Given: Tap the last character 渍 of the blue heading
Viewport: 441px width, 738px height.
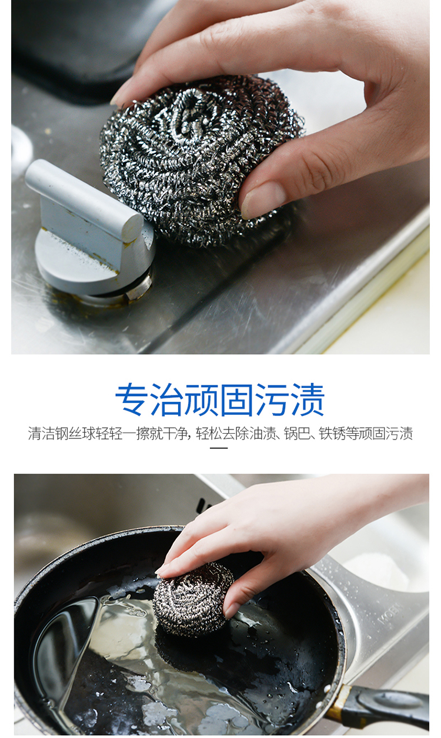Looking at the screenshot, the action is point(308,400).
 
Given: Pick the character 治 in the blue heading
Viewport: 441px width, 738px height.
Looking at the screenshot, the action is point(168,400).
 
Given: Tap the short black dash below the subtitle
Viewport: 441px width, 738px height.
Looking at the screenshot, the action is point(219,448).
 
